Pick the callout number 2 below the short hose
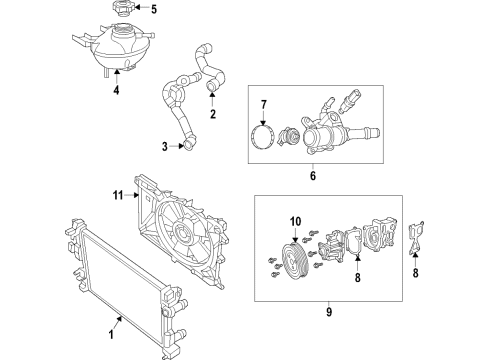tap(212, 115)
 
